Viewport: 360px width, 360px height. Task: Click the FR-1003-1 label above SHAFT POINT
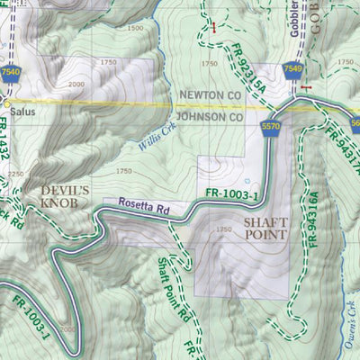coord(232,193)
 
